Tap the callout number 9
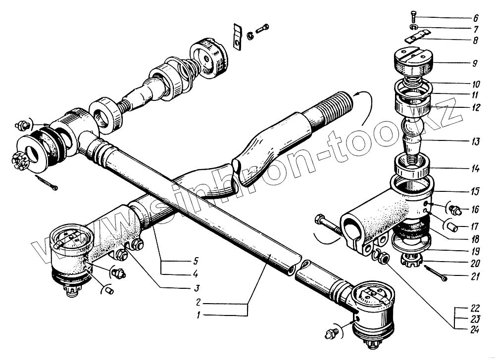[x=475, y=63]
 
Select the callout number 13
[x=475, y=142]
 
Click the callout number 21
[x=475, y=276]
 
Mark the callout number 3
[x=197, y=288]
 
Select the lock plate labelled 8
[x=417, y=37]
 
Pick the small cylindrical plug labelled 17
[x=454, y=227]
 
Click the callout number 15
[x=475, y=190]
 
